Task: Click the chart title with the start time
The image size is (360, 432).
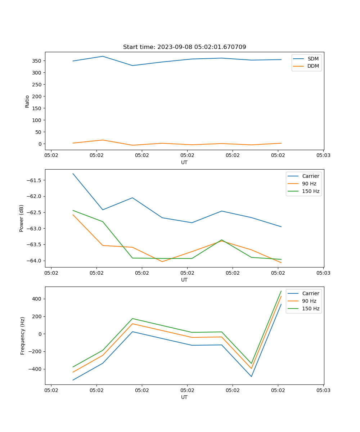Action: [x=184, y=47]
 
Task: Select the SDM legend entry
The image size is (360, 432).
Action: [x=313, y=59]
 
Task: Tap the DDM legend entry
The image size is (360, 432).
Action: [x=313, y=66]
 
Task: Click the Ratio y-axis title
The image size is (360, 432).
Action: [x=27, y=101]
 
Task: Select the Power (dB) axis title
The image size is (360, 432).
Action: [x=22, y=218]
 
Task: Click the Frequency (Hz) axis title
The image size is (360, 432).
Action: [x=23, y=336]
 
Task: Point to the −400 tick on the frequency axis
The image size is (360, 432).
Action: [x=36, y=369]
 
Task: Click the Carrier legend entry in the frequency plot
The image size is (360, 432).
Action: [x=310, y=293]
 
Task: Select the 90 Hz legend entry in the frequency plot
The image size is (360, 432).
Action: [x=309, y=301]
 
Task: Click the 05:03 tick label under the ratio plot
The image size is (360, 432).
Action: [x=323, y=156]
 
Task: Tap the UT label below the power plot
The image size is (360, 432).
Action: [x=184, y=280]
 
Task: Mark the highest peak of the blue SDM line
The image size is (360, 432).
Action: [x=103, y=56]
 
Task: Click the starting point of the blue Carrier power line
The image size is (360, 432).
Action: [x=73, y=174]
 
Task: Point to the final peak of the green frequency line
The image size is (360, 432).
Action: [x=281, y=291]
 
